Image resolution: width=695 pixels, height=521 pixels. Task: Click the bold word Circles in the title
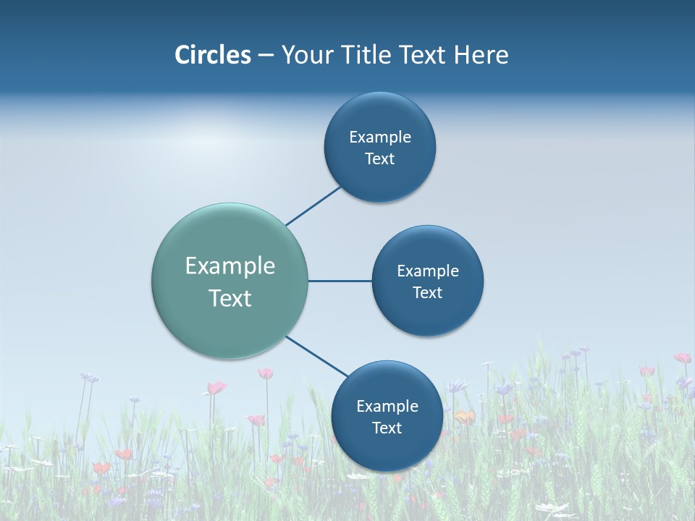click(212, 55)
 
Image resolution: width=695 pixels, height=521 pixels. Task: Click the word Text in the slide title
click(424, 55)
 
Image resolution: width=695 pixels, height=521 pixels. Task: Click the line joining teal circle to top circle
click(313, 206)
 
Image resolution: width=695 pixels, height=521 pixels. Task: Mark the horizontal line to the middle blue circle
click(340, 281)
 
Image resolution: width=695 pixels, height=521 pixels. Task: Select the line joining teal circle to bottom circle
click(316, 356)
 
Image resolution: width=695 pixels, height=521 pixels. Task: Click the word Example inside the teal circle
click(230, 266)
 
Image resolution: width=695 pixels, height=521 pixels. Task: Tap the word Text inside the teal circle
click(230, 298)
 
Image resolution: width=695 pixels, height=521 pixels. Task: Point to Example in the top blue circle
click(380, 137)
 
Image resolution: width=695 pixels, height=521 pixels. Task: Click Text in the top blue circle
click(380, 159)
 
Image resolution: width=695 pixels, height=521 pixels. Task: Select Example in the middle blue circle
click(428, 271)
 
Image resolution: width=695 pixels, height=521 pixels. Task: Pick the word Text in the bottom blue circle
click(387, 428)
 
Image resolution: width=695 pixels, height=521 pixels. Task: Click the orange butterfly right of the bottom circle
click(465, 418)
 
